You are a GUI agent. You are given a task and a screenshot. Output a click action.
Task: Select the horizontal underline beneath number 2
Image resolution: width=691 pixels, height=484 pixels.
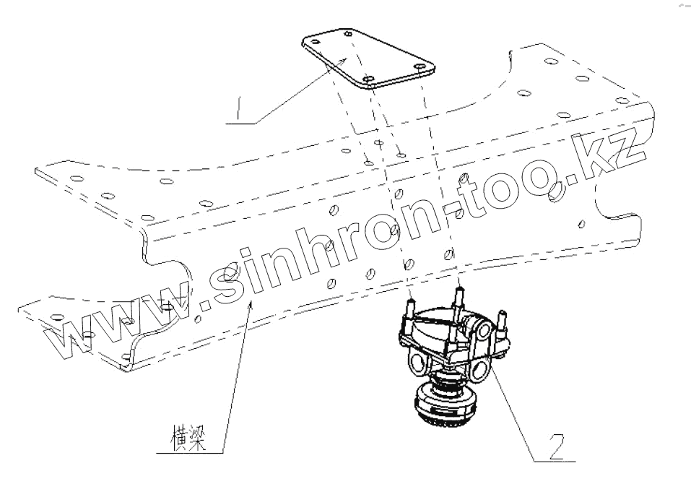(555, 460)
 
